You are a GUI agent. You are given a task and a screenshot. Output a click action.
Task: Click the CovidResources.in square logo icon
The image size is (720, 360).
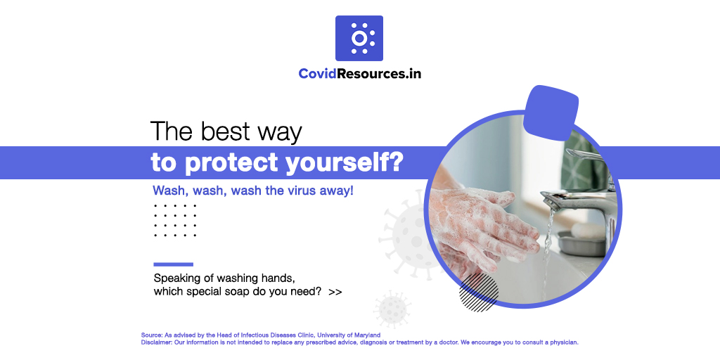(x=359, y=38)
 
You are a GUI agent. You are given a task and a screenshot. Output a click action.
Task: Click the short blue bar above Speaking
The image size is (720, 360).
(x=173, y=264)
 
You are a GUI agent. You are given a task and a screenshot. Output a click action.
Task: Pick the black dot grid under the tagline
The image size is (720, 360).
(x=175, y=220)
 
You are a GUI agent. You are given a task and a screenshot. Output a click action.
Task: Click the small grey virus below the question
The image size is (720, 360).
(x=392, y=309)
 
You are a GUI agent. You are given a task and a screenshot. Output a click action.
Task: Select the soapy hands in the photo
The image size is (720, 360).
(x=485, y=218)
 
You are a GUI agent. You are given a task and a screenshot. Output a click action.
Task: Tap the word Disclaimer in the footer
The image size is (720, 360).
(x=156, y=342)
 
